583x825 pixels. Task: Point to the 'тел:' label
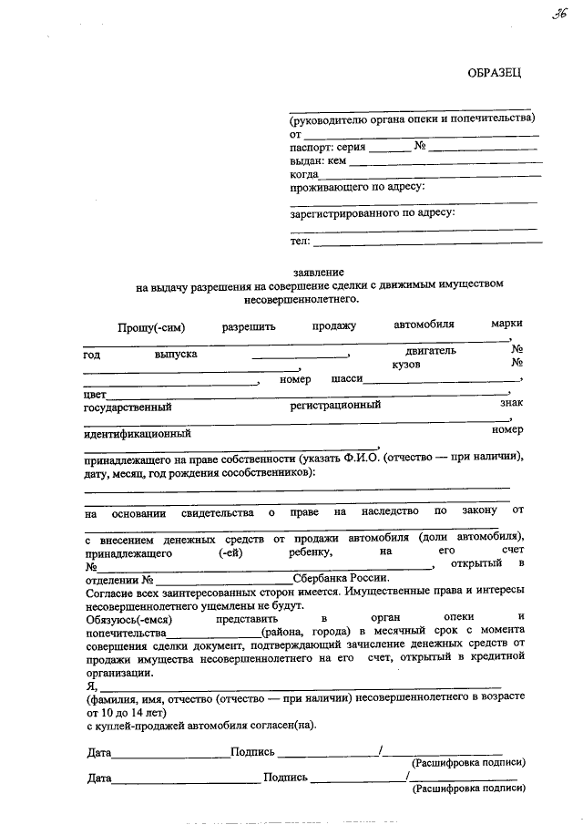(x=300, y=241)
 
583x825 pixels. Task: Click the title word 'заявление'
(x=318, y=272)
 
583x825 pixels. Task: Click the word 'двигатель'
(x=431, y=350)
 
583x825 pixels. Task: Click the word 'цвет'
(x=95, y=395)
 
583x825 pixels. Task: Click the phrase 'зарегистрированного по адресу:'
(x=373, y=213)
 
